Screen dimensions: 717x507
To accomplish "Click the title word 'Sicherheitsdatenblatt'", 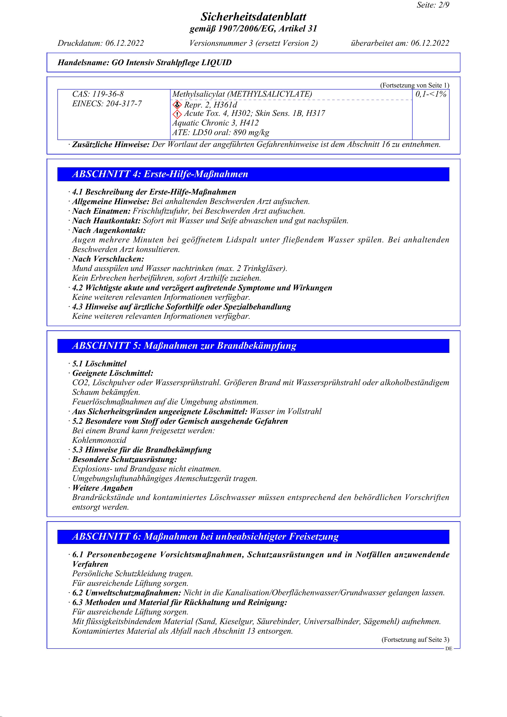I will (x=253, y=17).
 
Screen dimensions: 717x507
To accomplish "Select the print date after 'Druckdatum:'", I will (x=124, y=43).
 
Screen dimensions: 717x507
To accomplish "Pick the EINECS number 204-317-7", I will (x=123, y=104).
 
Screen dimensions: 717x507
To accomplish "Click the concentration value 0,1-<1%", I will (x=431, y=94).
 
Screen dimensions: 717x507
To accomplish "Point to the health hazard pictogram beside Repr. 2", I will (x=177, y=105).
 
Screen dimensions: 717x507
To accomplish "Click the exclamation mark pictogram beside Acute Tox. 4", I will (x=177, y=114).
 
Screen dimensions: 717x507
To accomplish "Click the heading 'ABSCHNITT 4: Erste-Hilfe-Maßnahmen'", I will (x=160, y=174).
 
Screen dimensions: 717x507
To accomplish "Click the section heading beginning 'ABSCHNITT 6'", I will (x=205, y=537).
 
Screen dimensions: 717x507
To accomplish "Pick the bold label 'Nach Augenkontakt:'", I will (x=109, y=230).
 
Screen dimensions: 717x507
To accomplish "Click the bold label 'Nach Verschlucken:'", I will (x=108, y=259).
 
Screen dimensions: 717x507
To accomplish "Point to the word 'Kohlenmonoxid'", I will (x=99, y=440).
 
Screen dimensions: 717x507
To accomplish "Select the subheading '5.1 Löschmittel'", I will (x=99, y=364).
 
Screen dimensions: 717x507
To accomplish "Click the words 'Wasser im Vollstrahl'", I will (x=286, y=412).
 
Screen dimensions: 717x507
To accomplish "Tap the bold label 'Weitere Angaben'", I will (x=102, y=488).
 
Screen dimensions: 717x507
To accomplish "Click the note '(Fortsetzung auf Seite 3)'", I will (x=415, y=640).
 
